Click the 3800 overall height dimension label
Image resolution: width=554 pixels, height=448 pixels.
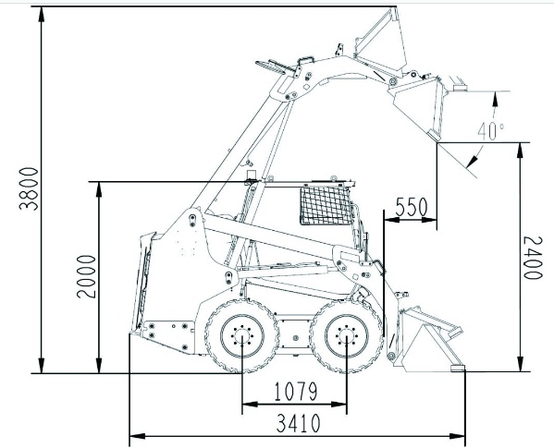coord(29,188)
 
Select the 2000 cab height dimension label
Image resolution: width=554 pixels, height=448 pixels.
coord(86,276)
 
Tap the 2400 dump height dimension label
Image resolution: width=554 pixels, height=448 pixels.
coord(533,258)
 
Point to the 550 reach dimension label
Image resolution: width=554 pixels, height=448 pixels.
coord(411,207)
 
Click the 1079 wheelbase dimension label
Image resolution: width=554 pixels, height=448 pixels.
coord(296,392)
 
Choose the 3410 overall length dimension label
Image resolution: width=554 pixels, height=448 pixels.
coord(298,423)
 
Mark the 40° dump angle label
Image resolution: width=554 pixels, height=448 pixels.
coord(490,131)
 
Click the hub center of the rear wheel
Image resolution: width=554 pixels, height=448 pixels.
coord(242,335)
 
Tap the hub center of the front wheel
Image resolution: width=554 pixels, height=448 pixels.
coord(347,335)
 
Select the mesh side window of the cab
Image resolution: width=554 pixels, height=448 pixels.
coord(326,205)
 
